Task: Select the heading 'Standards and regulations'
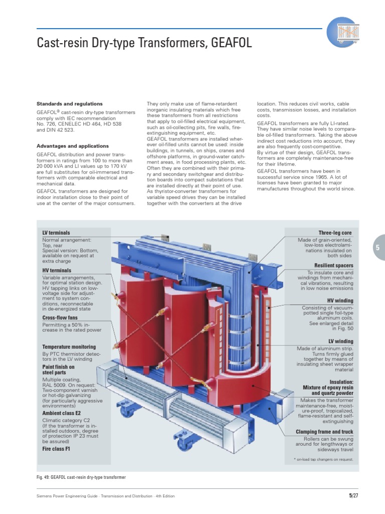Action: click(x=69, y=104)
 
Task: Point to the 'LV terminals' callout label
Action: click(x=56, y=233)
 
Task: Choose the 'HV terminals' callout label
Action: click(x=57, y=271)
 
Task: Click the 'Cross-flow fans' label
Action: click(x=60, y=318)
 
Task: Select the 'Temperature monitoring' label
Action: click(x=69, y=347)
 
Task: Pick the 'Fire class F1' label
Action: click(x=56, y=449)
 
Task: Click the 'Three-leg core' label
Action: click(x=335, y=233)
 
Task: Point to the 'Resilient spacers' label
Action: click(x=333, y=266)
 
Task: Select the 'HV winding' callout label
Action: click(x=340, y=301)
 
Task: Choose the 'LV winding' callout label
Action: click(x=340, y=342)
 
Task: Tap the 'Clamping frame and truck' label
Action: click(x=324, y=432)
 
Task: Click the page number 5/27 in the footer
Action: click(x=353, y=496)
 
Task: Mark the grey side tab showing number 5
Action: click(x=378, y=247)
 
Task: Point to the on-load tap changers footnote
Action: click(x=323, y=459)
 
